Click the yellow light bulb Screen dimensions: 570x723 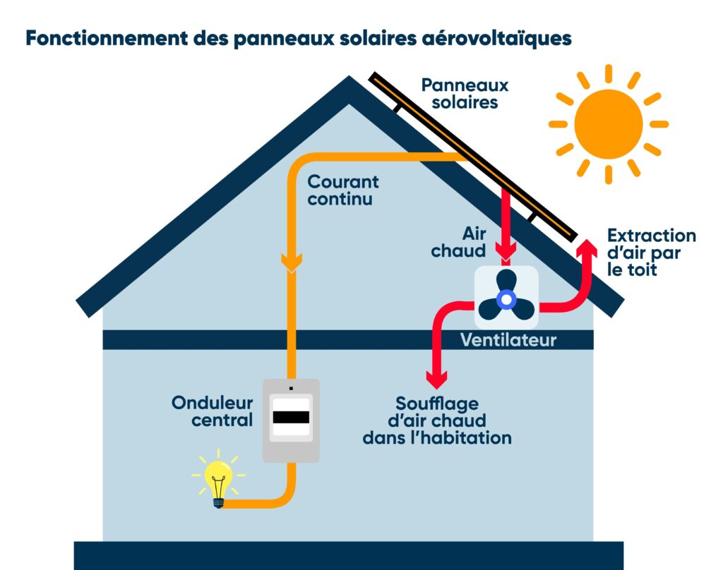point(218,480)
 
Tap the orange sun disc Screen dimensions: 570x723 point(608,124)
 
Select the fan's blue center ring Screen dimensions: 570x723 point(506,299)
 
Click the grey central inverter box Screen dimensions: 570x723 point(291,420)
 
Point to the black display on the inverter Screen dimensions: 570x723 point(291,417)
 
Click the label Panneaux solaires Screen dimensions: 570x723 point(465,94)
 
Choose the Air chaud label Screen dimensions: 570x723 point(468,242)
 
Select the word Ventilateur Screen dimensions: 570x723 point(508,341)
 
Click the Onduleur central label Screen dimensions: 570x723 point(213,412)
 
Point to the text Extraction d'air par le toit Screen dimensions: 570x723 point(650,253)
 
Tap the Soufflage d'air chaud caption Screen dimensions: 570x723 point(436,421)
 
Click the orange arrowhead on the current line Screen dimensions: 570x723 point(291,263)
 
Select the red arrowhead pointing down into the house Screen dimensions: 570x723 point(437,380)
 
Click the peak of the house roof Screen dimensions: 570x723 point(349,83)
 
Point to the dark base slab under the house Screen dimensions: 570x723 point(349,555)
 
